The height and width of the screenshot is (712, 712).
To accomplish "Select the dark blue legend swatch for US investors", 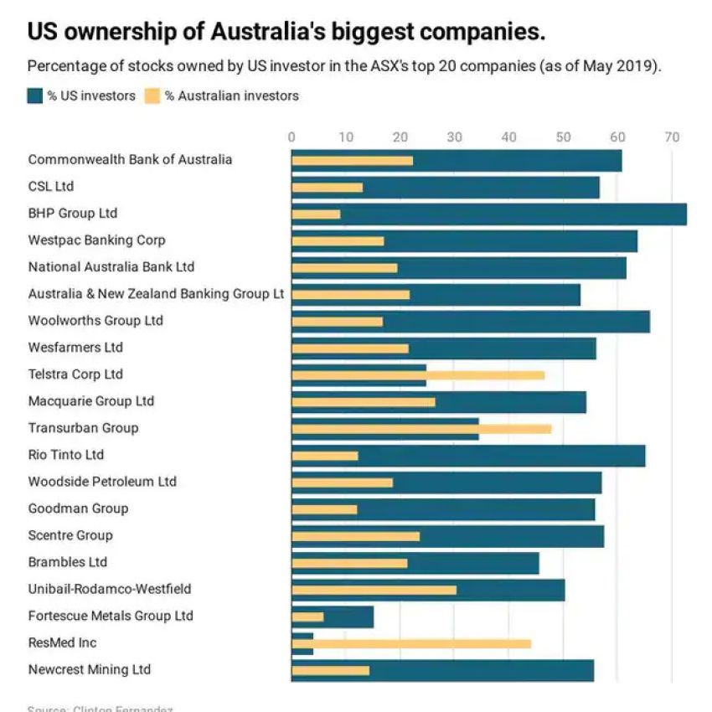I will [x=34, y=95].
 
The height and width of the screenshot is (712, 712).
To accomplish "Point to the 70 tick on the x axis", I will [x=671, y=137].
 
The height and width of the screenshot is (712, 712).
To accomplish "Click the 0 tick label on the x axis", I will [x=292, y=137].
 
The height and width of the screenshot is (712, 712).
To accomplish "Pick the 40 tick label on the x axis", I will [x=508, y=137].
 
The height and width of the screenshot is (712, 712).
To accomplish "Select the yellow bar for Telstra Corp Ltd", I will [x=419, y=375].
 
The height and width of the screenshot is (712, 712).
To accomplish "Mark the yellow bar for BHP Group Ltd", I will [x=316, y=214].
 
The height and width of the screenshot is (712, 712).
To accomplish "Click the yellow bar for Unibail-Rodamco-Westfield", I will [x=374, y=590].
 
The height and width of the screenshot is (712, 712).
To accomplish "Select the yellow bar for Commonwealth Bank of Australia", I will [x=352, y=161].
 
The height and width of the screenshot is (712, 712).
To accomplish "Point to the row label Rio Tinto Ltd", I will [x=66, y=455].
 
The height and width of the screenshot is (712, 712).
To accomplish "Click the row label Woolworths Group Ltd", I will [x=95, y=321].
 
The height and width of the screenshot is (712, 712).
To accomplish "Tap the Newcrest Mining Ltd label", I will [x=90, y=669].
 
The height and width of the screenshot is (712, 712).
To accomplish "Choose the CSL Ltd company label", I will [x=51, y=186].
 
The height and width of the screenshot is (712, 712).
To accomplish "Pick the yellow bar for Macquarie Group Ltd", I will [x=364, y=402].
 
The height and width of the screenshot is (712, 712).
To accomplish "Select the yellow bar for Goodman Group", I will [x=324, y=509].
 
